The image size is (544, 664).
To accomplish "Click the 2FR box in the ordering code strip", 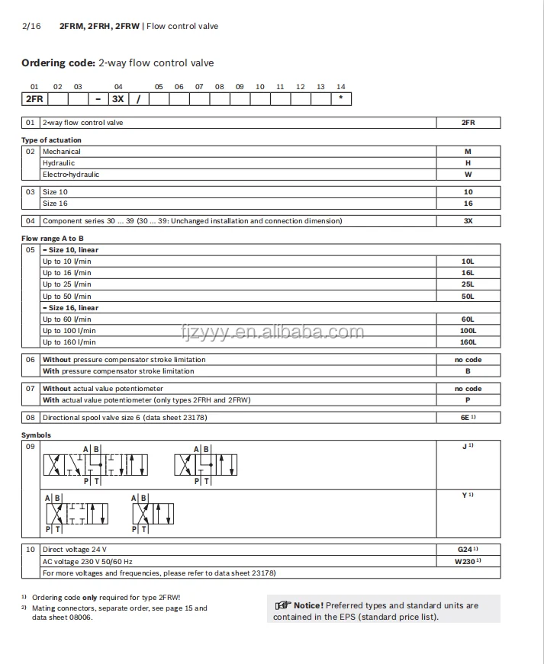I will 34,98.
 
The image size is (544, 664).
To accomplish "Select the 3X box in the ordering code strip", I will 118,98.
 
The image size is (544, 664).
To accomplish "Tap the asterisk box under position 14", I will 340,98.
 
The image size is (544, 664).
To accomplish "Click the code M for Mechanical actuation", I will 468,152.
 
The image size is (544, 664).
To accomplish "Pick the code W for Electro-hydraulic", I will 468,175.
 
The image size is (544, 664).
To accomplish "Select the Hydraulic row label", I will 59,163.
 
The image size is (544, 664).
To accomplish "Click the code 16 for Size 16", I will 468,204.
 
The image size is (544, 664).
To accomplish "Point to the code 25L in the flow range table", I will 468,284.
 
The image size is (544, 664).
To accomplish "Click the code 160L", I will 468,342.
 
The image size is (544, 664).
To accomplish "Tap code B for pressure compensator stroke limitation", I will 468,371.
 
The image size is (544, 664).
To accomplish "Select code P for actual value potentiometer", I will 468,400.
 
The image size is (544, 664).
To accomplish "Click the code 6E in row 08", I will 466,418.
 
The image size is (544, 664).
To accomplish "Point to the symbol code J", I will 465,447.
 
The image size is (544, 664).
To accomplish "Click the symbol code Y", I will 465,496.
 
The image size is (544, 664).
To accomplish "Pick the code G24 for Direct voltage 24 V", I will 465,550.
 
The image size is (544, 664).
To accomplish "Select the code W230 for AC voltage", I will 465,561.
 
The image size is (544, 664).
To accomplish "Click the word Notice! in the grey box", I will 308,605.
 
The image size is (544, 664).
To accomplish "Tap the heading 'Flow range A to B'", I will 53,239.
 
